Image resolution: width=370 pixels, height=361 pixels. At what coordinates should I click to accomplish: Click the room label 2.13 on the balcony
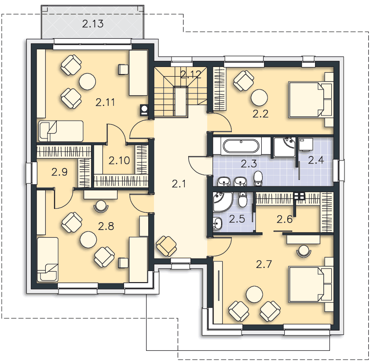point(93,24)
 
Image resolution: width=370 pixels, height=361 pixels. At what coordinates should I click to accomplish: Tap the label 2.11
point(105,102)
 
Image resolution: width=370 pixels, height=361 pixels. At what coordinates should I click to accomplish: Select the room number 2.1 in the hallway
point(179,184)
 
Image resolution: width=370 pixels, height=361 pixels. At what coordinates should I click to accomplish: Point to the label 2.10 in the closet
point(119,160)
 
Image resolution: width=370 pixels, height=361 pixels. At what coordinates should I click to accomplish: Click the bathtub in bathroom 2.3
point(241,146)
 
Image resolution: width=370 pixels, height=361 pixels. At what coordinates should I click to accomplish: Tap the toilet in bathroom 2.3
point(258,179)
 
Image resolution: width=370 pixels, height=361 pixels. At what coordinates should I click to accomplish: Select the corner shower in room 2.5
point(223,202)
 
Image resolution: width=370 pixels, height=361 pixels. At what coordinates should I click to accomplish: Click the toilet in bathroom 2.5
point(242,199)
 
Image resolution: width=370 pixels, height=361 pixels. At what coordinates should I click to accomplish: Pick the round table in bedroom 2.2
point(259,98)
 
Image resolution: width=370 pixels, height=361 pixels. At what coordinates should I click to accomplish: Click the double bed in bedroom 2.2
point(306,100)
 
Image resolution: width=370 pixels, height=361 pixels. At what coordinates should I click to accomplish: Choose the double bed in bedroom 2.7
point(306,285)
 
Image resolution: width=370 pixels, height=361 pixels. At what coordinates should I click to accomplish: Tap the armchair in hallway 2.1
point(166,246)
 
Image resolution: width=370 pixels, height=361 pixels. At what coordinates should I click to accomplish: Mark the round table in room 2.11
point(87,82)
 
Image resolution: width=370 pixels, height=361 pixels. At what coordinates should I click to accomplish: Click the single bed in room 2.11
point(61,131)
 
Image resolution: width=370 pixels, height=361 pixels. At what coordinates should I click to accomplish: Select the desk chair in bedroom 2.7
point(304,251)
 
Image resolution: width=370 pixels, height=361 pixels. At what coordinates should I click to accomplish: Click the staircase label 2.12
point(190,74)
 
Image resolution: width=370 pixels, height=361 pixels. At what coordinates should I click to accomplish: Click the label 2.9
point(59,172)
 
